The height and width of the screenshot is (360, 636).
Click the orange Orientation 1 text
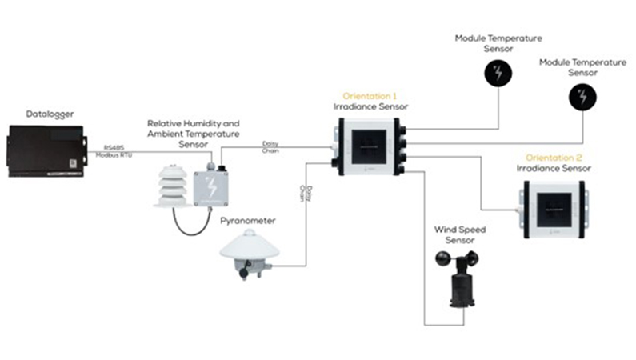(x=369, y=95)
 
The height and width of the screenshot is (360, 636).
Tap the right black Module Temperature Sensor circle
(x=582, y=98)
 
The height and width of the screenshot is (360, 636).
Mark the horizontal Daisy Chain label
(x=271, y=146)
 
